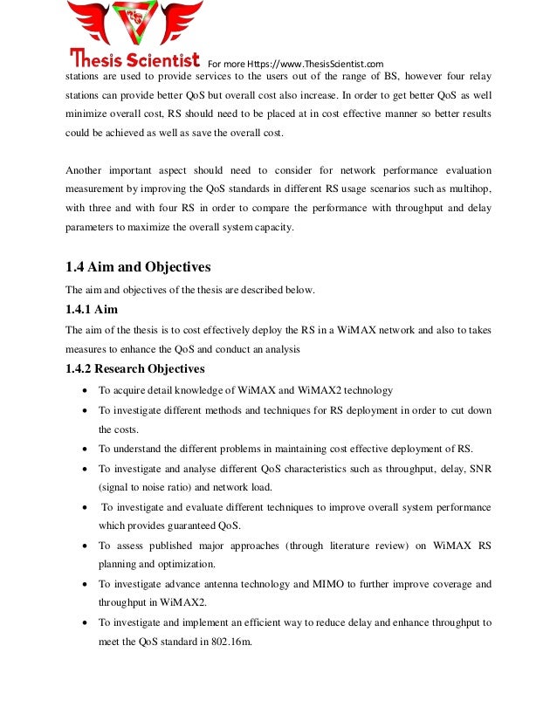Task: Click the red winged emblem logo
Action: [x=136, y=26]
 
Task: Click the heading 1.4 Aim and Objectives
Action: [x=138, y=267]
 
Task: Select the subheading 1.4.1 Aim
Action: [x=91, y=309]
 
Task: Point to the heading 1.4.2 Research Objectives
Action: [x=135, y=368]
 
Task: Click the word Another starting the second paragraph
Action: [x=86, y=170]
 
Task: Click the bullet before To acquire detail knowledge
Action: [x=82, y=391]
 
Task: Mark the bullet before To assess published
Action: [x=82, y=546]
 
